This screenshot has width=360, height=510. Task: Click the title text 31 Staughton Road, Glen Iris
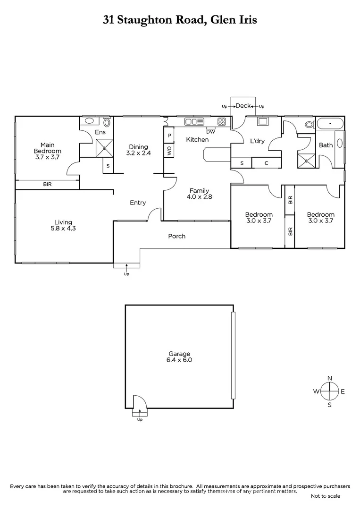point(180,20)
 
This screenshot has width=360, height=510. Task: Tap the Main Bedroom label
point(47,148)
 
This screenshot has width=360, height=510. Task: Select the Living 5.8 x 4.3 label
point(63,225)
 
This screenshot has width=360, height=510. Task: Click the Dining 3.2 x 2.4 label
point(138,150)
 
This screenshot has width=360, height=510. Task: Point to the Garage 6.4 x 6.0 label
point(179,357)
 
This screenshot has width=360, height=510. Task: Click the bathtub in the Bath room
point(330,124)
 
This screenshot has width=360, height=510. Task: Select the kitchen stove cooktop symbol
point(222,122)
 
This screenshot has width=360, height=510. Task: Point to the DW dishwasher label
point(210,131)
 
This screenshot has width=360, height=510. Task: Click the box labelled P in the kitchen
point(169,136)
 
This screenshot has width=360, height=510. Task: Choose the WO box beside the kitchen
point(169,151)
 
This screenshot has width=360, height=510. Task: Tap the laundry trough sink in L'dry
point(262,121)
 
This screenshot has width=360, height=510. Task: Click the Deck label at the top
point(243,106)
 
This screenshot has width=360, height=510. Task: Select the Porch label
point(177,236)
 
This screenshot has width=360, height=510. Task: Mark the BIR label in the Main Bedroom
point(47,185)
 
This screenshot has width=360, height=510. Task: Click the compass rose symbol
point(330,391)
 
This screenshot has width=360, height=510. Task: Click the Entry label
point(138,203)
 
